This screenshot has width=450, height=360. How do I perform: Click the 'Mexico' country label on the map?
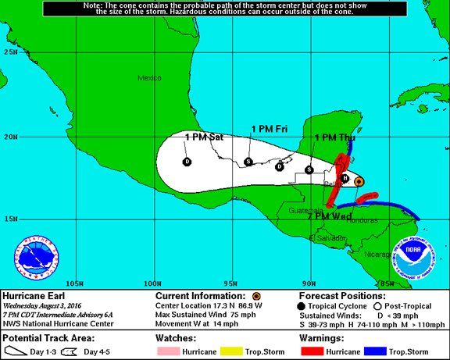(149, 78)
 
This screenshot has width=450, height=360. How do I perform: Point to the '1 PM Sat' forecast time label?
(204, 137)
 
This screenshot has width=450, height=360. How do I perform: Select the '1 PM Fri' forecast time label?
(270, 128)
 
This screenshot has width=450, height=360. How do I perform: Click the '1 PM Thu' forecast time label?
(334, 137)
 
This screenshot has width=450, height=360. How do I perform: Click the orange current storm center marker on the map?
(359, 181)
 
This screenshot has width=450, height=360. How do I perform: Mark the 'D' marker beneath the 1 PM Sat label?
(187, 162)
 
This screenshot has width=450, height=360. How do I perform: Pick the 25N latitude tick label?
(11, 52)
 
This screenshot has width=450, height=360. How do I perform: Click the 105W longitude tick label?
(75, 282)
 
